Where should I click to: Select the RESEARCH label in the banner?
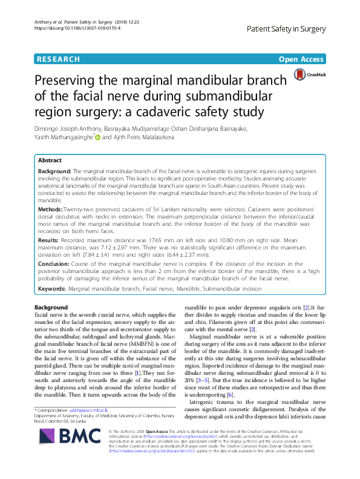[x=58, y=59]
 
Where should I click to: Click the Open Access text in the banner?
[x=301, y=59]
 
